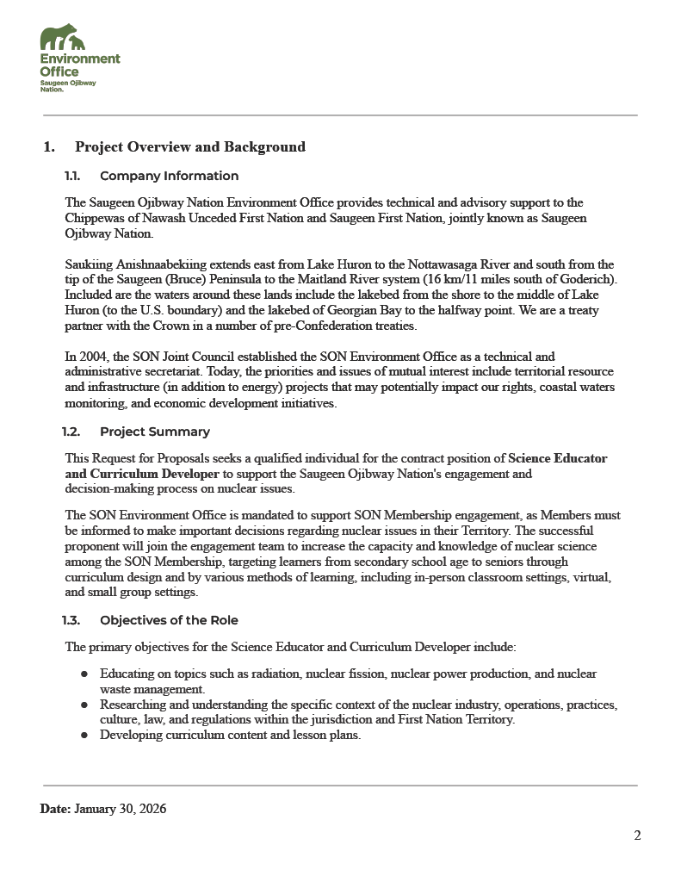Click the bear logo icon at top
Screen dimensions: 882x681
pyautogui.click(x=63, y=38)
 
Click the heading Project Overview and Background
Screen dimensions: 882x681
pyautogui.click(x=189, y=147)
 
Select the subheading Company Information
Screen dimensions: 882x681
pyautogui.click(x=169, y=177)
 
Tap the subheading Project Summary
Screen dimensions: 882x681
pyautogui.click(x=154, y=432)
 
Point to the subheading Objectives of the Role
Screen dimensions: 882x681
pyautogui.click(x=169, y=620)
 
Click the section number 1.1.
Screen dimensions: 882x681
pyautogui.click(x=72, y=177)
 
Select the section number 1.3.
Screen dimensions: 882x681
pyautogui.click(x=72, y=620)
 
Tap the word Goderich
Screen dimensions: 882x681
pyautogui.click(x=588, y=279)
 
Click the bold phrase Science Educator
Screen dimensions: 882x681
pyautogui.click(x=558, y=458)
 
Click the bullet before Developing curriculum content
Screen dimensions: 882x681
pyautogui.click(x=84, y=736)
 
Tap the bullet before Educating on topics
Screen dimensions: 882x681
pyautogui.click(x=84, y=674)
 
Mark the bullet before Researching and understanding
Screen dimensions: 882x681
pyautogui.click(x=84, y=705)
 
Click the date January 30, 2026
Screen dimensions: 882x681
pyautogui.click(x=121, y=810)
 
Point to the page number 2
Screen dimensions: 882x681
pyautogui.click(x=637, y=835)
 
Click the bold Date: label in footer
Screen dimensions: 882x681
pyautogui.click(x=55, y=810)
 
